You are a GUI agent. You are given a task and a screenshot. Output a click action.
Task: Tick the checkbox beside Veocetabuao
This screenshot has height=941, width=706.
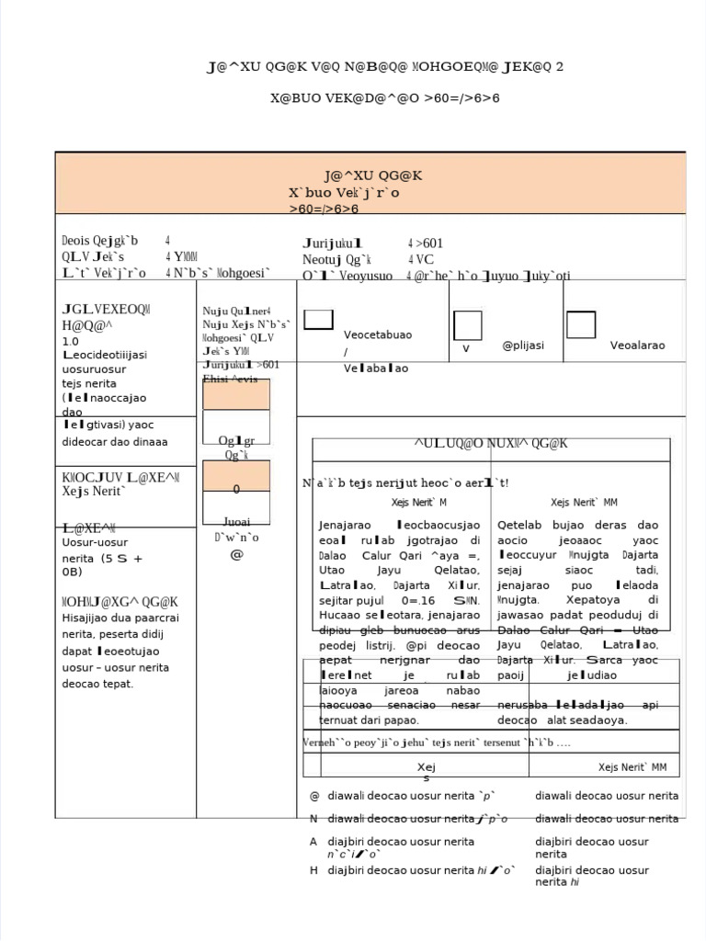coord(318,320)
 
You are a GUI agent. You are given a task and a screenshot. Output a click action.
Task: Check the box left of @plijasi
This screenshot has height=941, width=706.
coord(467,325)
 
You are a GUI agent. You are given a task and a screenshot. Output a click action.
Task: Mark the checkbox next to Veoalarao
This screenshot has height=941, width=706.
coord(580,324)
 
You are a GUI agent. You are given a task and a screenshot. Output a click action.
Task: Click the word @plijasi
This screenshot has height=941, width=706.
coord(523,346)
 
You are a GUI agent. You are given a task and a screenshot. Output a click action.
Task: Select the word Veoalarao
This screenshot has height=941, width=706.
coord(637,346)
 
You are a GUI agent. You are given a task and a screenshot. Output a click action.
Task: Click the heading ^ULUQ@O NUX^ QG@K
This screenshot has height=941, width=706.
coord(491,444)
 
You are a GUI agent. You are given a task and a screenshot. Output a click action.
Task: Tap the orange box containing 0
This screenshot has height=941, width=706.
coord(236,476)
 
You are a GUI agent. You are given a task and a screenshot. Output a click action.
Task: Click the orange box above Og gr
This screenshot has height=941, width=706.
coord(236,394)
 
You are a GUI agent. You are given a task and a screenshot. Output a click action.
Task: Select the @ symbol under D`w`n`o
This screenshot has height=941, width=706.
coord(236,554)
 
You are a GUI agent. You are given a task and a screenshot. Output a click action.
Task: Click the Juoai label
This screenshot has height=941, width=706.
coord(236,521)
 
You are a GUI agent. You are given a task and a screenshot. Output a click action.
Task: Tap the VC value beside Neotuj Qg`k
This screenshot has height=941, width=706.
coord(424,259)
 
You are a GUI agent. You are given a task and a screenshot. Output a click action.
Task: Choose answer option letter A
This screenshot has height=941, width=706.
coord(313,842)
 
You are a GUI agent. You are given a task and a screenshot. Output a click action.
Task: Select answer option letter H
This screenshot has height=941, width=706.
coord(313,870)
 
